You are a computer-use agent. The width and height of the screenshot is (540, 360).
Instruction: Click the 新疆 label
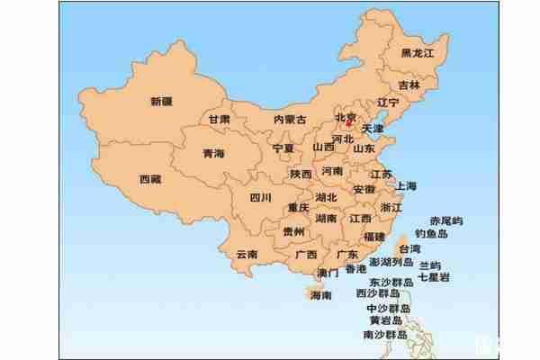coord(162,102)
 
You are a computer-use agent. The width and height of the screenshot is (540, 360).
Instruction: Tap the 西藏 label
coord(150,179)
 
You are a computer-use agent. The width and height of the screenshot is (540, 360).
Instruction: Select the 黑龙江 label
coord(418,54)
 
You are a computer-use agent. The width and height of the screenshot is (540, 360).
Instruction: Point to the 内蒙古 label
coord(290,119)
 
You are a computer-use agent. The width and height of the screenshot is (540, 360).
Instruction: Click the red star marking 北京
coord(348,123)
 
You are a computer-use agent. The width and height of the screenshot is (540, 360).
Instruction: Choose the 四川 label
coord(260,198)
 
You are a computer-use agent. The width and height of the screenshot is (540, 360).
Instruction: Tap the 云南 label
coord(247,254)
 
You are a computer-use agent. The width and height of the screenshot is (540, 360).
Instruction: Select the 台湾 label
coord(409,248)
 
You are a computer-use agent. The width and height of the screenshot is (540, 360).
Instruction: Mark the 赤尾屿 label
coord(446,220)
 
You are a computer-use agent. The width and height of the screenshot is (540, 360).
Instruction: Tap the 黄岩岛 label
coord(385,320)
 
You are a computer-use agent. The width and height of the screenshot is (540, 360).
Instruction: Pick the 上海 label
coord(405,186)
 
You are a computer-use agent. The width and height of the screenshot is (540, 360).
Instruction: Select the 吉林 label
coord(409,85)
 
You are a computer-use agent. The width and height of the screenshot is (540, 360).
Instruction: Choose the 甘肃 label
coord(220,119)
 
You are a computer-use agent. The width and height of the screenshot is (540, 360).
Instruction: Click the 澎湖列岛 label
coord(385,263)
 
